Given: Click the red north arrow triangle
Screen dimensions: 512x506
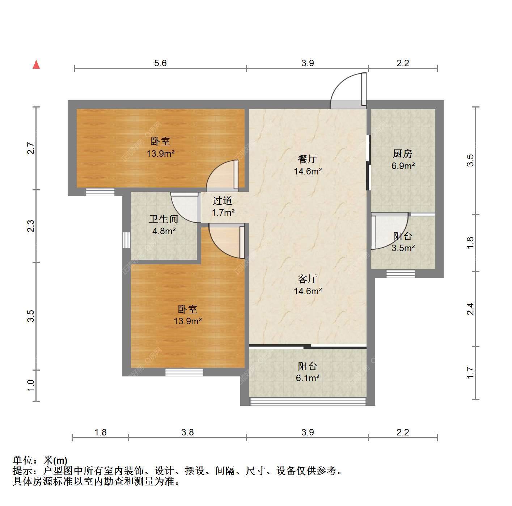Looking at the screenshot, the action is [36, 65].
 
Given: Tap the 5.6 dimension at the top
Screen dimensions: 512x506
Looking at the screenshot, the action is [161, 63].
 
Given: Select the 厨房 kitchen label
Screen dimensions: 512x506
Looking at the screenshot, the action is [402, 153].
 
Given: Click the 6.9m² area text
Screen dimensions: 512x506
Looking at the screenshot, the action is [403, 166].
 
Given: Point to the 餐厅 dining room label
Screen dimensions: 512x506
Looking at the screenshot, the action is [308, 159].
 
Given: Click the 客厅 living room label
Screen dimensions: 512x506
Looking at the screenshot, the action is [308, 279].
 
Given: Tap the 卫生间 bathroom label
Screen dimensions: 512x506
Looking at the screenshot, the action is [164, 219].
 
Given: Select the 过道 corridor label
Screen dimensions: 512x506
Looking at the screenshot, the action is [223, 201].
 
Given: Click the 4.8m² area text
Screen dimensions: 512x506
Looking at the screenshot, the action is [164, 231].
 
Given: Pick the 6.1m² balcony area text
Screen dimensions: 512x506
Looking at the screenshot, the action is [308, 378].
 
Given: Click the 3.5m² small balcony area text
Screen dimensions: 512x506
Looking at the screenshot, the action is [403, 248].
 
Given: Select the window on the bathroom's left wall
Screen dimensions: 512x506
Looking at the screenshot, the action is [127, 240].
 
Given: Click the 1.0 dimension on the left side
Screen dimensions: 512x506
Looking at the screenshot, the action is [31, 385].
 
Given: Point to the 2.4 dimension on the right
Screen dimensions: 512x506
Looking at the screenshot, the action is [470, 309].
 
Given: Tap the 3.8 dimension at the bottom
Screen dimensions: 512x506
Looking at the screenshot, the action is [187, 432].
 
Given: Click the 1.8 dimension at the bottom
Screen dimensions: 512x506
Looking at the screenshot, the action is [101, 432].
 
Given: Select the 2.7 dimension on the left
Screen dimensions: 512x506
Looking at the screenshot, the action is [31, 148].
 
